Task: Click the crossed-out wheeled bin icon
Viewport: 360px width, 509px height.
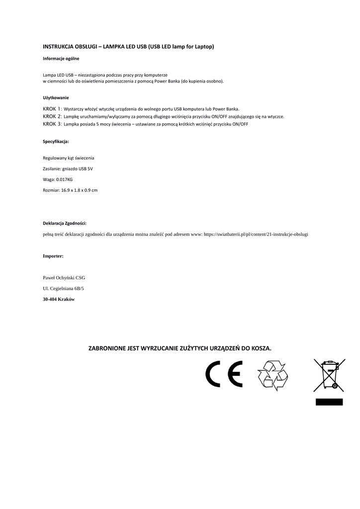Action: [328, 376]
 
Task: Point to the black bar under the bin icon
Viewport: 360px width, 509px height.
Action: [329, 401]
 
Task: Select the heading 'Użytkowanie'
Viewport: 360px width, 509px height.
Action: [56, 97]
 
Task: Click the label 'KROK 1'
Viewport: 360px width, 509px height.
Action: [52, 109]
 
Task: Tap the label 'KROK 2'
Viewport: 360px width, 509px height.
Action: [52, 116]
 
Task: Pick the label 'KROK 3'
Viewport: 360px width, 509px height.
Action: [52, 124]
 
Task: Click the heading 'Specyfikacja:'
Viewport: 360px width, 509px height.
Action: [56, 142]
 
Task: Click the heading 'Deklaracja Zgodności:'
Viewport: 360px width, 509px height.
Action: [65, 223]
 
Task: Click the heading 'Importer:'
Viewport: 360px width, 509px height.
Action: [53, 256]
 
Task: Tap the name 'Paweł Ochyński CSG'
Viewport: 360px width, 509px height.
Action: [64, 278]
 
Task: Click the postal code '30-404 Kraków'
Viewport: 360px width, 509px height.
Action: [59, 299]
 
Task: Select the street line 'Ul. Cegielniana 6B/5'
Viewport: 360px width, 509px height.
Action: [64, 288]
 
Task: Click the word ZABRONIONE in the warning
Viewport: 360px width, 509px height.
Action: [107, 348]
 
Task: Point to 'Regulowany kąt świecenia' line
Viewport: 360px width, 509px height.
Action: [69, 158]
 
